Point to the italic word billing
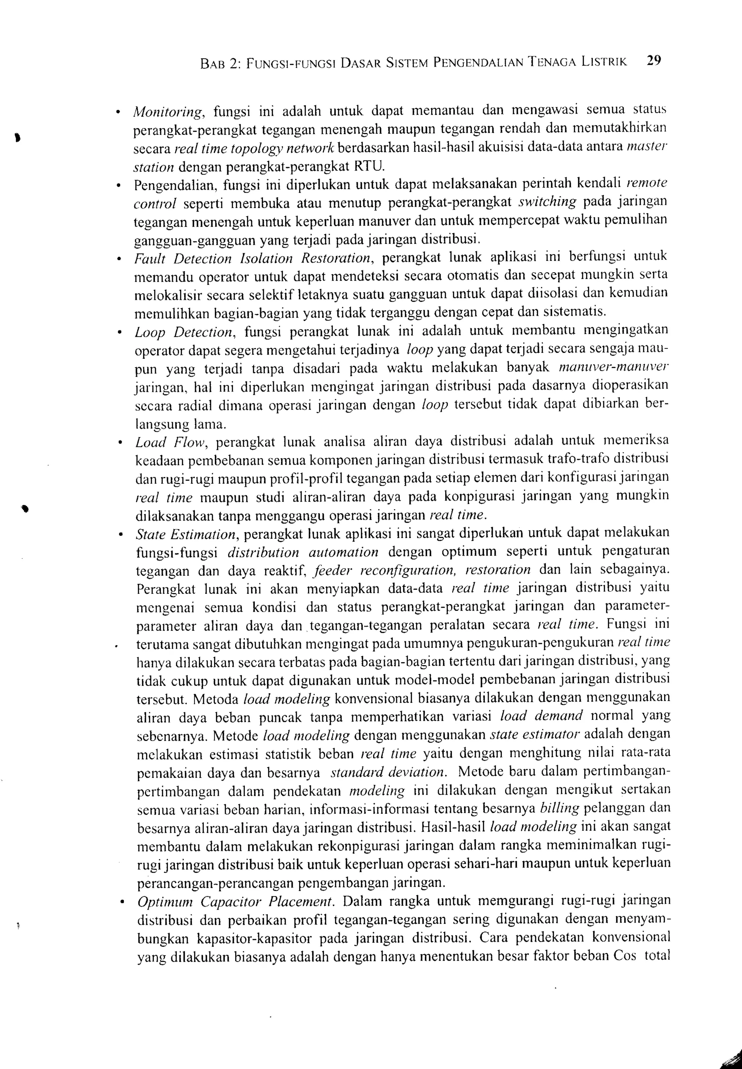coord(559,809)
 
